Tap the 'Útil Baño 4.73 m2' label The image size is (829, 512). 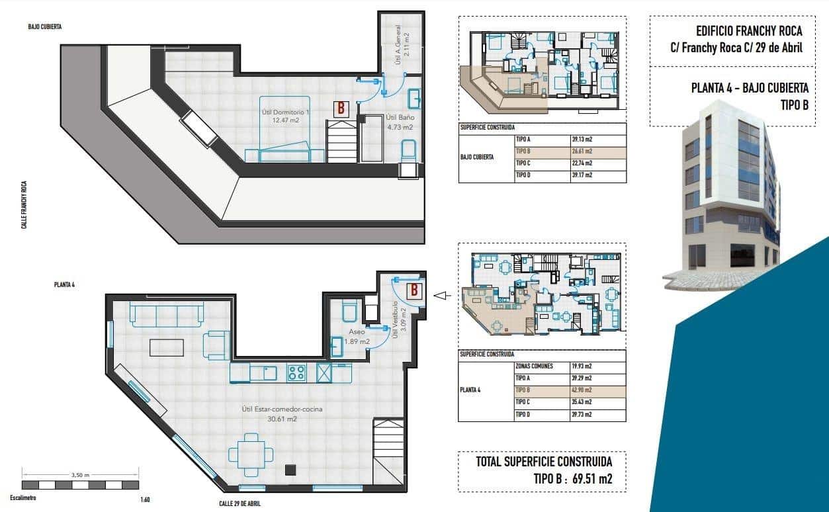tap(400, 122)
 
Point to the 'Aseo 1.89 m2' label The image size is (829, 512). tap(357, 337)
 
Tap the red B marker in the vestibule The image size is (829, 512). tap(414, 289)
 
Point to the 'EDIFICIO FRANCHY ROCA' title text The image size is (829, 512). tap(749, 31)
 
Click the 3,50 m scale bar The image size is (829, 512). tap(80, 484)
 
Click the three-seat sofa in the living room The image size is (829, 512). tap(167, 314)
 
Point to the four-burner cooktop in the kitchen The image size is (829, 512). tap(296, 373)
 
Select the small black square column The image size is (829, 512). tap(290, 470)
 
